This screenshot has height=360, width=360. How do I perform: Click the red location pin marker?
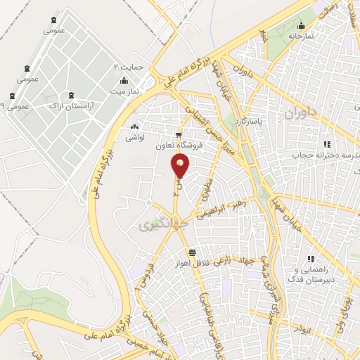pyautogui.click(x=181, y=166)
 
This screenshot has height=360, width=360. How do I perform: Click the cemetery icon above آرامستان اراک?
pyautogui.click(x=71, y=94)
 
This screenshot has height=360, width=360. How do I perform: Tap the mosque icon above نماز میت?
pyautogui.click(x=124, y=79)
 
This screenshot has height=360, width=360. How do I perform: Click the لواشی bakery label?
pyautogui.click(x=134, y=138)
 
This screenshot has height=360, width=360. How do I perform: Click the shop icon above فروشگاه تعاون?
pyautogui.click(x=179, y=135)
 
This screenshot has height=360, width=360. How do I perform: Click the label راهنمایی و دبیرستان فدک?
pyautogui.click(x=316, y=274)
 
